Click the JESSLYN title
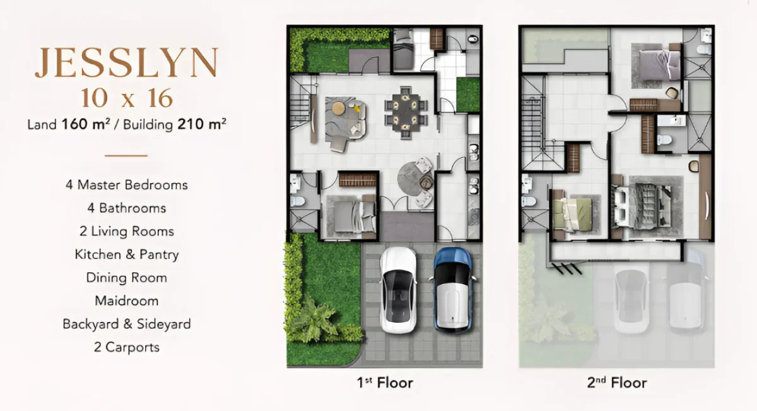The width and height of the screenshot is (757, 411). click(126, 63)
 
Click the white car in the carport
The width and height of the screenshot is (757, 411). click(398, 289)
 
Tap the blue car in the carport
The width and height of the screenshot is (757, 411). click(452, 289)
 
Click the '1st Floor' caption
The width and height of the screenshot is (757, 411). click(384, 382)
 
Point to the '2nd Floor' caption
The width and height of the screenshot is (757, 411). click(616, 382)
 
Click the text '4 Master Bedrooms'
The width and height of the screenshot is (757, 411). click(126, 185)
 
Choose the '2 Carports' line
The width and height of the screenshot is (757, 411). click(126, 347)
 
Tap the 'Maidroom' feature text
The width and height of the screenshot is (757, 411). click(126, 301)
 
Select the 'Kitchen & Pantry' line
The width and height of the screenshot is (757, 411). click(126, 254)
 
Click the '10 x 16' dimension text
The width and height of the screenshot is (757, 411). click(126, 98)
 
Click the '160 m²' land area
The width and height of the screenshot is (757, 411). click(86, 124)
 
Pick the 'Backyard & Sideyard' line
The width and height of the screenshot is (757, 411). click(126, 324)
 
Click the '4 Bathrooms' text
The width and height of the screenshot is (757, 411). click(126, 208)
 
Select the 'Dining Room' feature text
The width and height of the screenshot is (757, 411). click(126, 278)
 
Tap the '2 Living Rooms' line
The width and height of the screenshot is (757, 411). click(126, 231)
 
